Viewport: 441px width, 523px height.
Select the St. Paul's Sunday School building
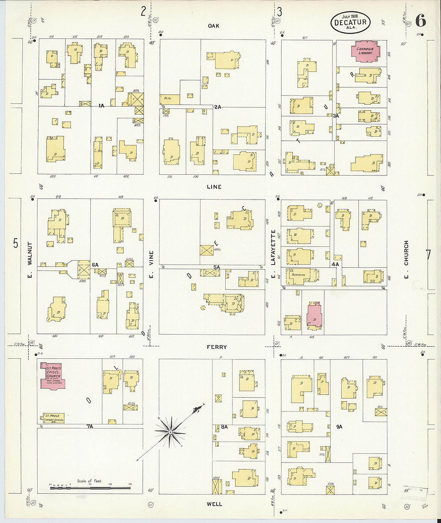(x=53, y=418)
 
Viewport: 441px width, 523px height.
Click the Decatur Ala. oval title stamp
(x=350, y=22)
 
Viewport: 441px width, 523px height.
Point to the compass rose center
(x=170, y=432)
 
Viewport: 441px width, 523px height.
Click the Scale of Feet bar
(x=90, y=488)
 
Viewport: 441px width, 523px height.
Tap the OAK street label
(x=214, y=26)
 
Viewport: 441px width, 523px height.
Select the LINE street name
(x=214, y=187)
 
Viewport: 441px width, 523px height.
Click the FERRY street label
(x=216, y=347)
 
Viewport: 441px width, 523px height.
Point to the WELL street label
(x=214, y=504)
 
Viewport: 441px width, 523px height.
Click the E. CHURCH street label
(x=406, y=253)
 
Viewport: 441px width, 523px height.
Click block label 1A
(x=101, y=106)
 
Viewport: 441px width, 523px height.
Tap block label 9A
(x=339, y=427)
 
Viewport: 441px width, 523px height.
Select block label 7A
(x=90, y=426)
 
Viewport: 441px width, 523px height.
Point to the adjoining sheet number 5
(x=16, y=243)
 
